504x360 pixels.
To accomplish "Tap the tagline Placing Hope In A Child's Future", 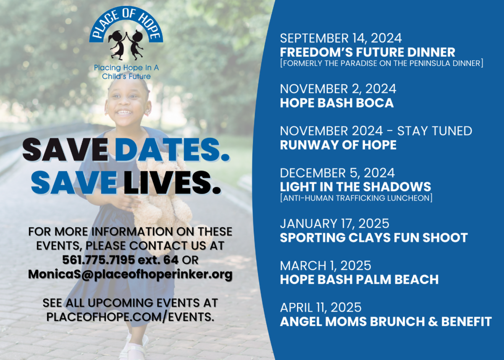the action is [126, 72].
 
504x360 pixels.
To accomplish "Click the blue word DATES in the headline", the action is [172, 150].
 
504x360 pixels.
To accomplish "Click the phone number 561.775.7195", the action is [98, 260].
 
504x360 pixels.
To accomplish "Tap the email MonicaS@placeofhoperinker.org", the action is [130, 274].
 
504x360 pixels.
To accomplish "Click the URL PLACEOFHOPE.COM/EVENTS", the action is [130, 317].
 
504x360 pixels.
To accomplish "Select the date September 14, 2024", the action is [341, 38].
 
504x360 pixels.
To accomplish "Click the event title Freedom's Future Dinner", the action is [367, 53].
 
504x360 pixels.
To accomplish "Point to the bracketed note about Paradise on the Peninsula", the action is [382, 63].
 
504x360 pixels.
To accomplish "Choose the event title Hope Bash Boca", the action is [336, 103].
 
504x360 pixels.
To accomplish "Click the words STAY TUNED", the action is [434, 131].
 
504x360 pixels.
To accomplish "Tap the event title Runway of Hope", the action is [338, 145].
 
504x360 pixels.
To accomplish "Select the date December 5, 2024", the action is [337, 173].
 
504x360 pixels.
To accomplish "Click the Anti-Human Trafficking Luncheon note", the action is [356, 198].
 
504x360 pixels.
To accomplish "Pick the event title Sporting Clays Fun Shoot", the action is [374, 238].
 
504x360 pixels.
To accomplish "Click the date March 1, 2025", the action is [325, 266].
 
